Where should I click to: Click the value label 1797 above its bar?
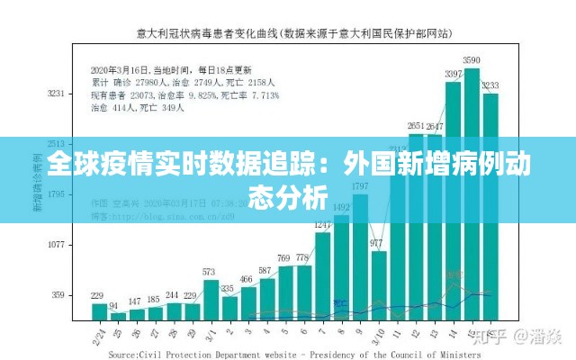pyautogui.click(x=359, y=186)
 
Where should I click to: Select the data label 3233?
pyautogui.click(x=490, y=85)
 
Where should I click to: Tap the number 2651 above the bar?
pyautogui.click(x=416, y=125)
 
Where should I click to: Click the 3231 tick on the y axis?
pyautogui.click(x=57, y=93)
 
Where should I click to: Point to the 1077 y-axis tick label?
pyautogui.click(x=57, y=244)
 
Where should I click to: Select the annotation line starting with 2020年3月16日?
pyautogui.click(x=172, y=69)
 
